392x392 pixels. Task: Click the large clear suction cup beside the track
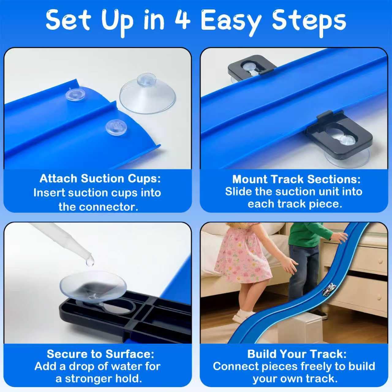148,94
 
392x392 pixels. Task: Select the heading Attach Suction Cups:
100,179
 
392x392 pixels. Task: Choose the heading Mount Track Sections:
296,179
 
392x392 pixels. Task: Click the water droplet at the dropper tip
90,262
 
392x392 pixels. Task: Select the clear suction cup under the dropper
93,285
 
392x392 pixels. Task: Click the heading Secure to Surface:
100,354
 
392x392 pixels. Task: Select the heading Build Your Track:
297,354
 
